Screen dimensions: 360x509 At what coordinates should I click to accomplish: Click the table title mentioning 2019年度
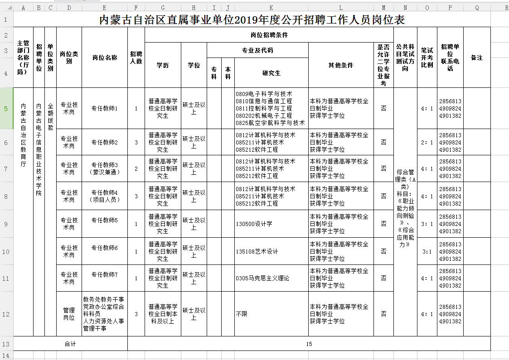[x=252, y=20]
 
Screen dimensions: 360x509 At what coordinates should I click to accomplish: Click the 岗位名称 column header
[x=105, y=58]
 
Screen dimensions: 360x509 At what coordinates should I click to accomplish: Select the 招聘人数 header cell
[x=136, y=58]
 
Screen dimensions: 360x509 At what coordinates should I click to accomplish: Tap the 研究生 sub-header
[x=271, y=73]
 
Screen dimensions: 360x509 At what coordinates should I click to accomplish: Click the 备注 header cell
[x=477, y=58]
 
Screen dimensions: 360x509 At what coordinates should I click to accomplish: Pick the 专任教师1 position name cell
[x=105, y=109]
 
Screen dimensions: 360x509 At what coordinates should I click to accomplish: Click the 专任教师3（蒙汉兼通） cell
[x=105, y=168]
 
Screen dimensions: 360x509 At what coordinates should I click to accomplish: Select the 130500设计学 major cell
[x=254, y=224]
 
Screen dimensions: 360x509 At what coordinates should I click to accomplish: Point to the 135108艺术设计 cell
[x=257, y=251]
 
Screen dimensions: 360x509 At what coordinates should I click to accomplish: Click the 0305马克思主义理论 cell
[x=262, y=278]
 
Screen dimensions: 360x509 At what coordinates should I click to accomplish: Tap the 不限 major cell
[x=242, y=314]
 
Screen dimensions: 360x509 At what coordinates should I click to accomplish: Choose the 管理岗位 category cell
[x=69, y=314]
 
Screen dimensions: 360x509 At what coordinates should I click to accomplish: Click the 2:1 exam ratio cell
[x=427, y=142]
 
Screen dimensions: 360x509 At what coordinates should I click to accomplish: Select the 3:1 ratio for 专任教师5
[x=427, y=224]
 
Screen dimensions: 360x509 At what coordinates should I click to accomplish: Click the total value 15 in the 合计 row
[x=309, y=344]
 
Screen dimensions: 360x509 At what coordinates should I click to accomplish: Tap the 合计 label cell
[x=70, y=344]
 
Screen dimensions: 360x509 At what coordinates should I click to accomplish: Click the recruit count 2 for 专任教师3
[x=136, y=168]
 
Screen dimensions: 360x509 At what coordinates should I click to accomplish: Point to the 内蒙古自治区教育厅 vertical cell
[x=24, y=136]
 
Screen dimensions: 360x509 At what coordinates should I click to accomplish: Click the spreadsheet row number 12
[x=6, y=314]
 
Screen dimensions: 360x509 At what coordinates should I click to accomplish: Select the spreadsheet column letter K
[x=271, y=8]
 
